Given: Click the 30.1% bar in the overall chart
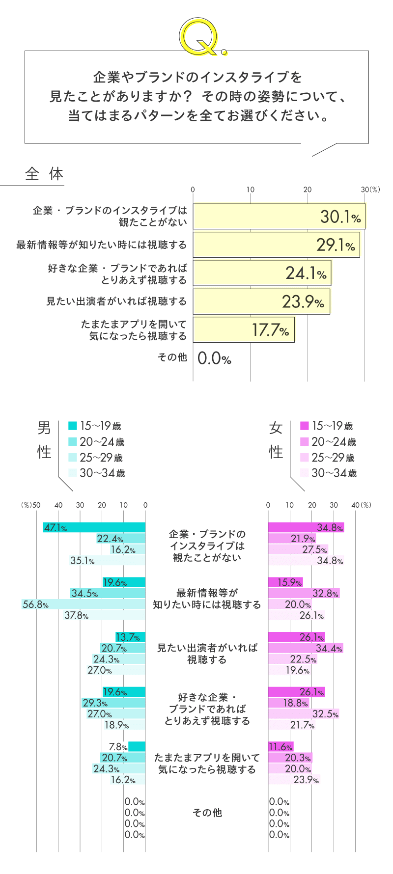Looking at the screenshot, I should pos(279,217).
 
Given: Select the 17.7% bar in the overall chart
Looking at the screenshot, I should pos(243,329).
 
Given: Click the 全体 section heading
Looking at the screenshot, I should pos(44,174).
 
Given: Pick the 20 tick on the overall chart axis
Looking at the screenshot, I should pos(308,190).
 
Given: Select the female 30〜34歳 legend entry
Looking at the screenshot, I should pos(328,473).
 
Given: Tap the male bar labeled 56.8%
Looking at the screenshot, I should pos(84,604).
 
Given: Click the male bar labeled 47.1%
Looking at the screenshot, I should pos(94,527).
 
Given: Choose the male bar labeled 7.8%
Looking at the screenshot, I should pos(137,746).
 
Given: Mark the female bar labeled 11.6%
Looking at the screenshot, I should pos(281,746).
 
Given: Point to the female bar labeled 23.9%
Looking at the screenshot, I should pos(294,779).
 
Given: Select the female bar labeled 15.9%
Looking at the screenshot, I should pos(285,582).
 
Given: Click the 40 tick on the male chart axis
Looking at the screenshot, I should pos(58,505).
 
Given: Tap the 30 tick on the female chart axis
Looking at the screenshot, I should pos(334,505).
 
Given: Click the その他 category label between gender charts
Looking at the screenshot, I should pos(207,813).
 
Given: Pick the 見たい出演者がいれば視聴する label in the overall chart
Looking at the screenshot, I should pos(116,301).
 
